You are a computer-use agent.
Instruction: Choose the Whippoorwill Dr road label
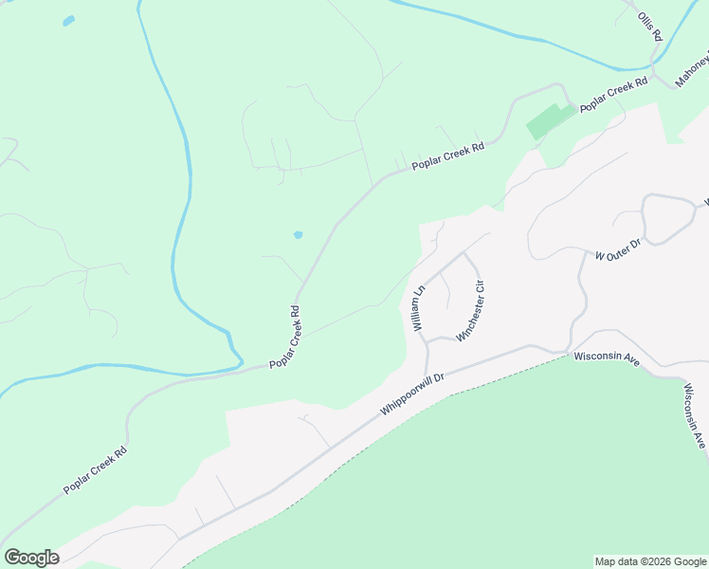413,392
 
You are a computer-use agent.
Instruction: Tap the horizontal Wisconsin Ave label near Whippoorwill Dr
607,358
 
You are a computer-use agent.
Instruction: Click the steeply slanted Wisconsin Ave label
696,416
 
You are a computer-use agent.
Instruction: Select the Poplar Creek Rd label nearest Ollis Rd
613,96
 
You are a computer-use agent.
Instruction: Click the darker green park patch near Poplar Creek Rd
549,120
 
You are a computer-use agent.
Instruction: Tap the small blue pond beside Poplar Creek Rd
298,234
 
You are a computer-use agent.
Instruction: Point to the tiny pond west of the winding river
68,21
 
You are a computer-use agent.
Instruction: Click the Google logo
31,558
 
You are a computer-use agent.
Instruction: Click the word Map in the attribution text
604,561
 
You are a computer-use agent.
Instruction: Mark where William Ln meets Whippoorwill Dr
427,376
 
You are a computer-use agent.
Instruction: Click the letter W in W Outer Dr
599,256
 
